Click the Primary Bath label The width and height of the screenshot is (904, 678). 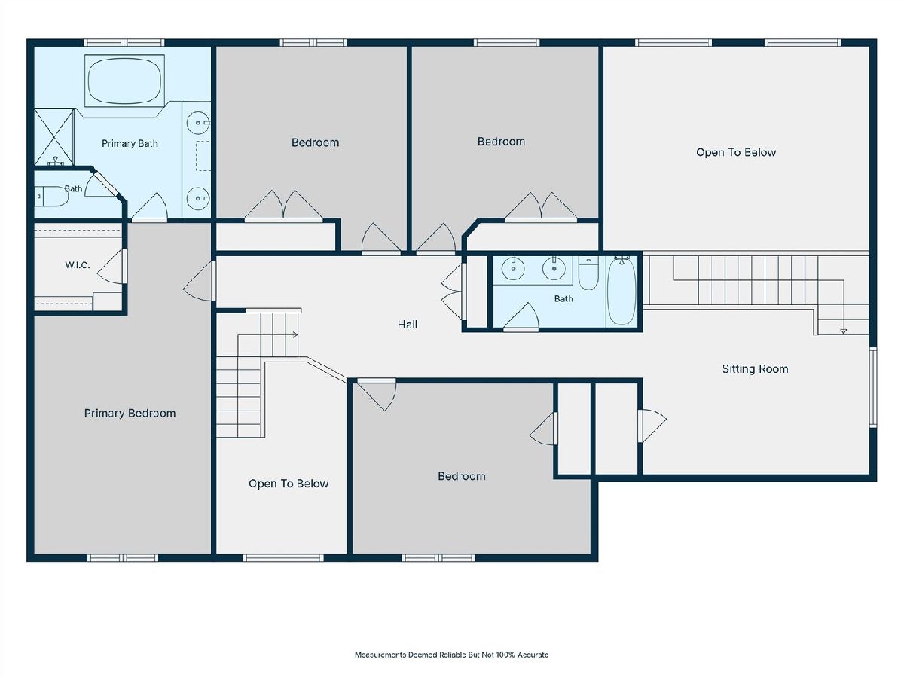pos(130,143)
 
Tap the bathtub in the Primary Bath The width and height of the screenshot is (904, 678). pos(125,81)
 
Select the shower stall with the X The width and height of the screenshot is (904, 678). pos(53,137)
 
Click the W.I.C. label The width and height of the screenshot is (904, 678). pos(78,265)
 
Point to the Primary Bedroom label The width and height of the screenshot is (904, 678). pos(130,414)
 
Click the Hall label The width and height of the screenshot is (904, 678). pos(408,325)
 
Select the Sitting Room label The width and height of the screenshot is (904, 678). pos(756,369)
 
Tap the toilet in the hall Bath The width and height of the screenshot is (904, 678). pos(588,273)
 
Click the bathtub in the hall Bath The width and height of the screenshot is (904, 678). pos(621,290)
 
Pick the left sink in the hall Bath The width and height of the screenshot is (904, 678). pos(513,268)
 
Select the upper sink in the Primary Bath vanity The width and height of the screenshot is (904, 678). pos(198,123)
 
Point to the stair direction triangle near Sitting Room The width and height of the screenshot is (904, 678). pos(843,331)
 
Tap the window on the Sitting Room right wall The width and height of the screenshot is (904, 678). pos(873,387)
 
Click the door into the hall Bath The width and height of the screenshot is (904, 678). pos(521,316)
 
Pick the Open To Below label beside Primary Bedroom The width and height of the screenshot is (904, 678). pos(289,484)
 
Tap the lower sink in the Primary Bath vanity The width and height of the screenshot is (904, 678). pos(198,198)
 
